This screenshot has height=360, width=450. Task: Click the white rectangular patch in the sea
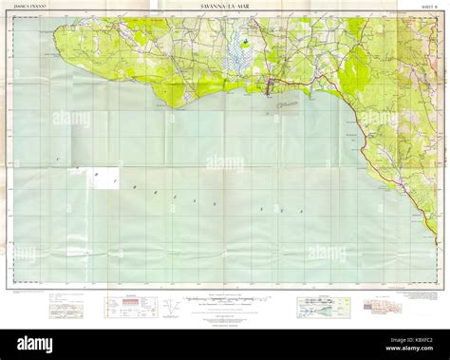105,179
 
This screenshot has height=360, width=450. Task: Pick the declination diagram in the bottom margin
168,307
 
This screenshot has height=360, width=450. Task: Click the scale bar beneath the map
225,299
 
